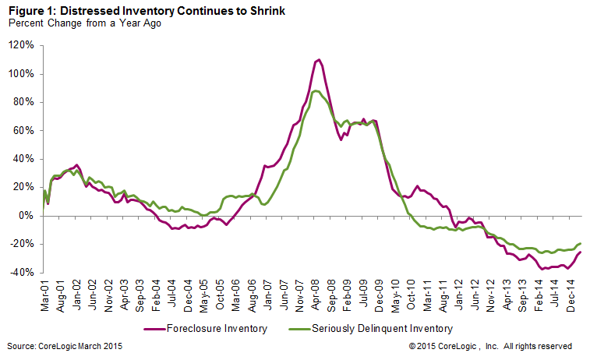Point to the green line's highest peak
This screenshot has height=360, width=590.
point(315,91)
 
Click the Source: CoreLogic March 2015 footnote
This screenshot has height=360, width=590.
point(64,345)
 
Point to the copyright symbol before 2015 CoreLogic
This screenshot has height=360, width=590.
point(411,345)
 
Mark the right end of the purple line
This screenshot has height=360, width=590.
point(581,252)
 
